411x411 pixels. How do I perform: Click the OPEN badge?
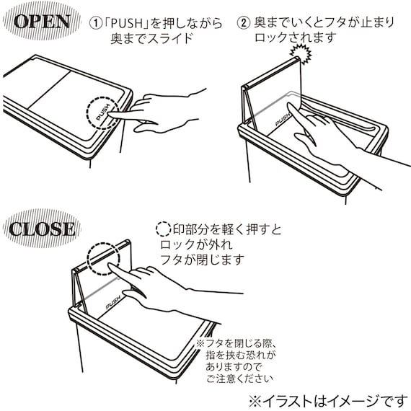tap(42, 21)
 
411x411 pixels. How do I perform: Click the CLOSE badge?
tap(42, 229)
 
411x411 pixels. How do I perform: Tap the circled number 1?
tap(95, 23)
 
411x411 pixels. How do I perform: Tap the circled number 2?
tap(243, 22)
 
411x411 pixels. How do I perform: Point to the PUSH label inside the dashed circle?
tap(103, 112)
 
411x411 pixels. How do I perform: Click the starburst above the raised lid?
tap(301, 54)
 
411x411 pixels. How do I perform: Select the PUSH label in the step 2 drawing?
tap(283, 120)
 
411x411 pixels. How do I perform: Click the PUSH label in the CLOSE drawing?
tap(113, 302)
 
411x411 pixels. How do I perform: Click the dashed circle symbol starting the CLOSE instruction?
tap(163, 229)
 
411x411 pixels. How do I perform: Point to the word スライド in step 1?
tap(171, 38)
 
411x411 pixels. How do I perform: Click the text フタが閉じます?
tap(202, 260)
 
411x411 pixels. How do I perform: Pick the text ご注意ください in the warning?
tap(239, 379)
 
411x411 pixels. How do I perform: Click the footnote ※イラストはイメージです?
tap(328, 401)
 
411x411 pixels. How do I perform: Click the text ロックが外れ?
tap(196, 244)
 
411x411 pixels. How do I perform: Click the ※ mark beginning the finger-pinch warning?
tap(200, 344)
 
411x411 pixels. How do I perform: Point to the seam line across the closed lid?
tap(49, 89)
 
